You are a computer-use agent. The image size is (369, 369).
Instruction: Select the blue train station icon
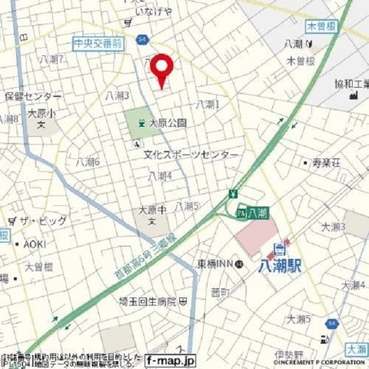point(279,248)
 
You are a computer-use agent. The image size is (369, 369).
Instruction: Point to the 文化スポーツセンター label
point(191,155)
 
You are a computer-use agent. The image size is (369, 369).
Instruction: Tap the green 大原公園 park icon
point(141,121)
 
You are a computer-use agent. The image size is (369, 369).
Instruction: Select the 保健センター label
point(33,96)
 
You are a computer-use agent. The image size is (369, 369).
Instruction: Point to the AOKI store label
point(35,243)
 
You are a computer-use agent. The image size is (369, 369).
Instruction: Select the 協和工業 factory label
point(351,83)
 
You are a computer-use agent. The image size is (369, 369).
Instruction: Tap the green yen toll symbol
point(231,194)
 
